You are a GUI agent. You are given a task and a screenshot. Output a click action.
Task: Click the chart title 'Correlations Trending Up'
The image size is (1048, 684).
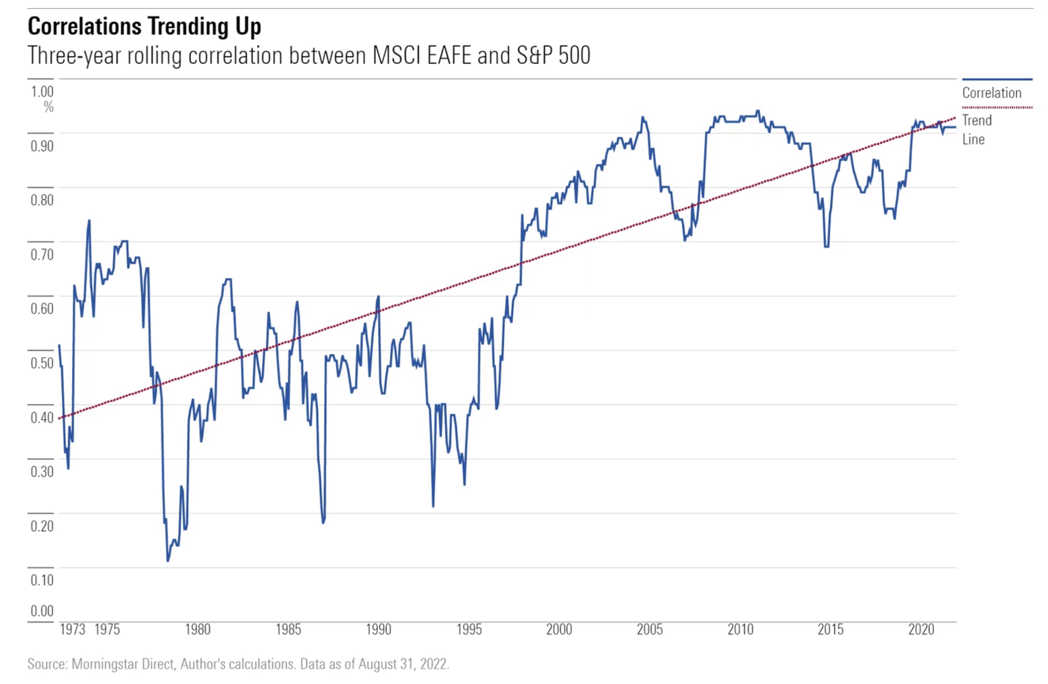point(145,26)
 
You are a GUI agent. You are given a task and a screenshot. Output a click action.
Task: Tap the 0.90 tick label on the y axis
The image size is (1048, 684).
point(42,146)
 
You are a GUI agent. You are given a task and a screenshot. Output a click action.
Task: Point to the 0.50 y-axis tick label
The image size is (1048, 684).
point(42,363)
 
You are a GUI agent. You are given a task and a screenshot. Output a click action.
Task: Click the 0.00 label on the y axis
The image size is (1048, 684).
point(42,611)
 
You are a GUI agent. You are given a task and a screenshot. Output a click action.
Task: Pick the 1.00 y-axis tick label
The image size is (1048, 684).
point(42,92)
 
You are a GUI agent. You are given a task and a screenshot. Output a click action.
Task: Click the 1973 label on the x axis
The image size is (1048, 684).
point(72,630)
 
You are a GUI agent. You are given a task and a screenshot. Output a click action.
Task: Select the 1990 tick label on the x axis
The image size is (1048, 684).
point(379,630)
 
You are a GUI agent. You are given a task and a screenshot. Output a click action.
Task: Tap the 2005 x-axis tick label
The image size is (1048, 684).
point(649,630)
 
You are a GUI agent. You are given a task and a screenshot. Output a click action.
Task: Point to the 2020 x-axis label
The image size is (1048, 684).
point(921,630)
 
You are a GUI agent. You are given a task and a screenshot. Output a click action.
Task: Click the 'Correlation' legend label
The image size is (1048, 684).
point(992,93)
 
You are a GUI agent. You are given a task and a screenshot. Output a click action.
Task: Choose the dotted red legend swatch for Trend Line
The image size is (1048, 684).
point(997,107)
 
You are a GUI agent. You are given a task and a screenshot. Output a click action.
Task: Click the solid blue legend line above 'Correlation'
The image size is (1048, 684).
point(997,80)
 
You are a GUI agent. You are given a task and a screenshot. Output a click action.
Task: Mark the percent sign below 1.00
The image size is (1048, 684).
point(48,107)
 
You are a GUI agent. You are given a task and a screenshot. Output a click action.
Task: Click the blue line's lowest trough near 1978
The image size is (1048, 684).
point(168,561)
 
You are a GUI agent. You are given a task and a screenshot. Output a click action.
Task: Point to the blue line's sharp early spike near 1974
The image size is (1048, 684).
point(89,221)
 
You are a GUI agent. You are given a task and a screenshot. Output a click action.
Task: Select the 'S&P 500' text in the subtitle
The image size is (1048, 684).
point(553,55)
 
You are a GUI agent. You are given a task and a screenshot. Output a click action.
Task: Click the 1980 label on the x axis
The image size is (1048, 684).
point(198,630)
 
